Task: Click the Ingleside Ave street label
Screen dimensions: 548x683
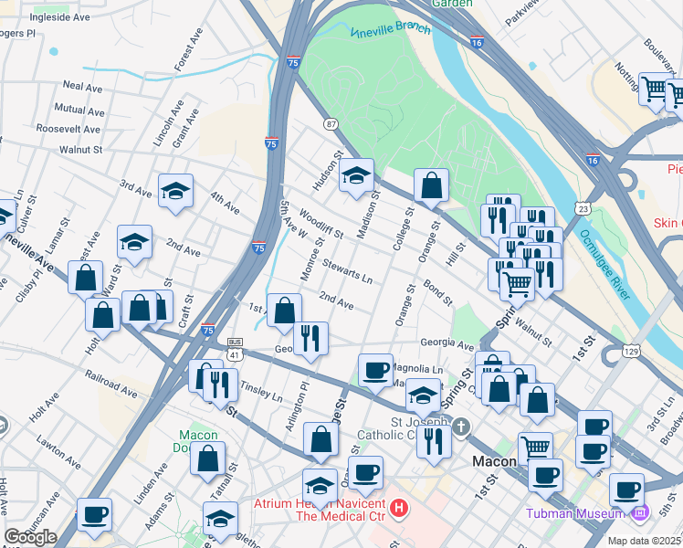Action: pos(60,17)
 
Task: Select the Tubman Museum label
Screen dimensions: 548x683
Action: pos(571,512)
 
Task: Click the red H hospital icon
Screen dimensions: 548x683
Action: pos(398,505)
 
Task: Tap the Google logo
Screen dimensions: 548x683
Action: pos(31,537)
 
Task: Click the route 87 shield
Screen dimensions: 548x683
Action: pos(331,123)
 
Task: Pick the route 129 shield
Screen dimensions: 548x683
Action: pos(606,351)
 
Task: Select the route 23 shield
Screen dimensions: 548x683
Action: pos(583,209)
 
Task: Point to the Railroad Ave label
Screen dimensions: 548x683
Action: pos(110,384)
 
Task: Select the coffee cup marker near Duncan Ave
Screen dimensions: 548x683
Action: pos(94,514)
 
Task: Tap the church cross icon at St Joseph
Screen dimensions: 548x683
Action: pos(461,427)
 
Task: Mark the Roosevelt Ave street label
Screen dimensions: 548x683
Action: pos(68,129)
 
